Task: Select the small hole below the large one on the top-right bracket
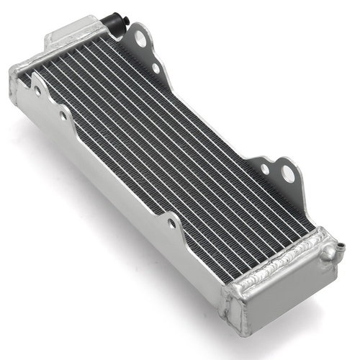(x=155, y=68)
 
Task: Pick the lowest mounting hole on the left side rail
(x=171, y=223)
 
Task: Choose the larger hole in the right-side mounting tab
(x=287, y=173)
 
